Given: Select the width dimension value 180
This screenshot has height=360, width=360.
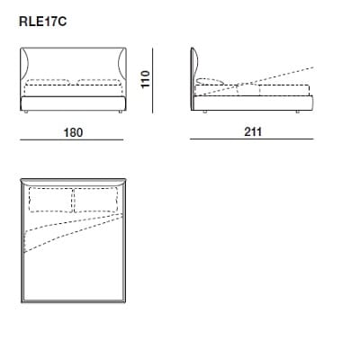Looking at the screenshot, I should pyautogui.click(x=73, y=132).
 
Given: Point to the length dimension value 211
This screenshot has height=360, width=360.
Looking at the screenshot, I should pyautogui.click(x=252, y=132).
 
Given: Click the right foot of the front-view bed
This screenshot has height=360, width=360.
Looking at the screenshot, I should pyautogui.click(x=115, y=112).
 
